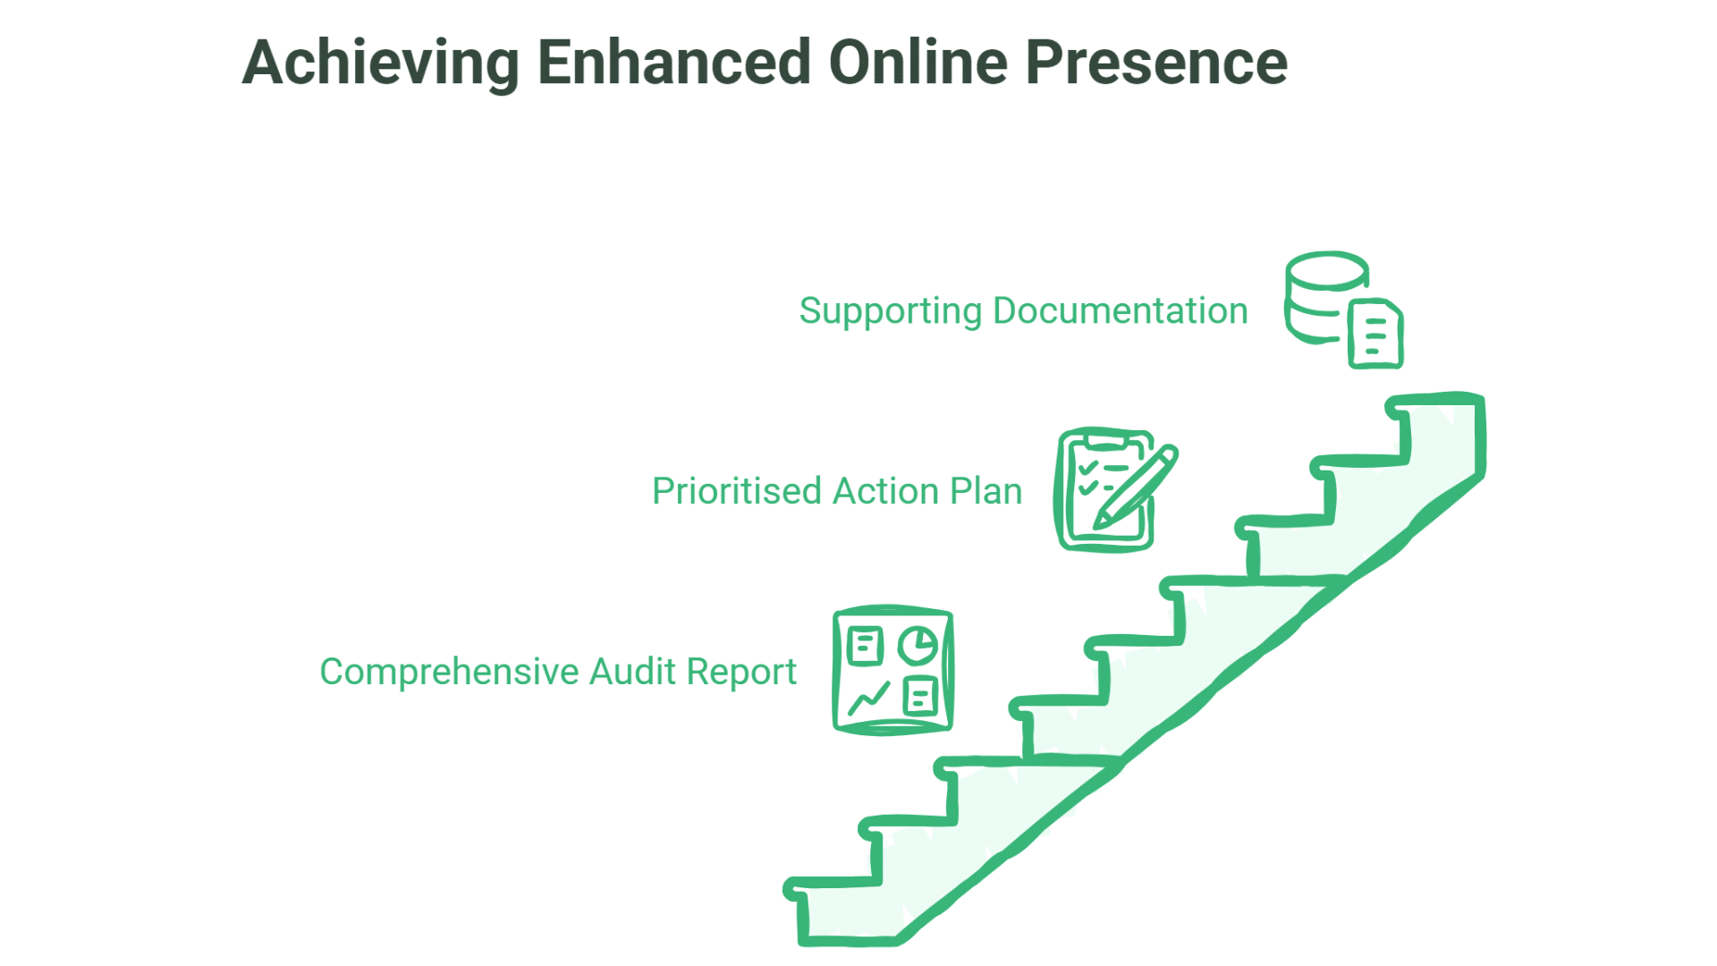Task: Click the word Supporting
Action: [891, 311]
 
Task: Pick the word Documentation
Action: [1121, 311]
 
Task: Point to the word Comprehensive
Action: [449, 672]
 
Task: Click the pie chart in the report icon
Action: [918, 645]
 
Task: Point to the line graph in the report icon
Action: [868, 698]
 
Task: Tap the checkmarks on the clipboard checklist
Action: [1087, 478]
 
